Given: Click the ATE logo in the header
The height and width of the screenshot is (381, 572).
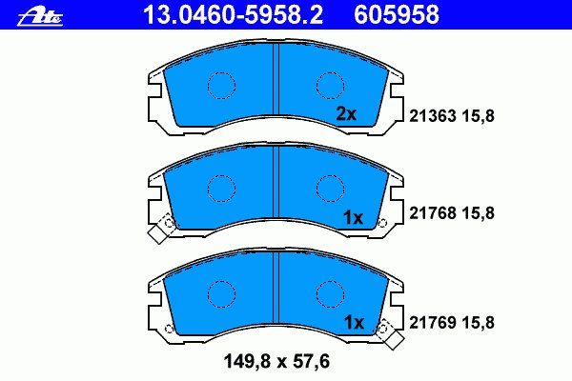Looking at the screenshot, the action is (40, 17).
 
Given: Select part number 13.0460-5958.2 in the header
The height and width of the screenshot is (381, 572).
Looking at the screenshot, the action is (234, 15).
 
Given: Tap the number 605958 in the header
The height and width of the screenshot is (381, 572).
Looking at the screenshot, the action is (397, 15).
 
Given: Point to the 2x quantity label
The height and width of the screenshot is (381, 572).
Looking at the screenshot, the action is (346, 114).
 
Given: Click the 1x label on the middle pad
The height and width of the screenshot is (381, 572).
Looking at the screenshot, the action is (353, 218).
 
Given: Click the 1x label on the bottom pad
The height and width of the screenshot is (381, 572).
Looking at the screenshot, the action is (355, 323).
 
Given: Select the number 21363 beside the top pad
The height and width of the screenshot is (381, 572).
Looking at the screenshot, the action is (432, 116).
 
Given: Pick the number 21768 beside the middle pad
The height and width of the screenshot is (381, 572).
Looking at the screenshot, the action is (432, 213).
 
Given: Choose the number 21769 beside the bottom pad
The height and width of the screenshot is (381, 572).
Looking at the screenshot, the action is (432, 323).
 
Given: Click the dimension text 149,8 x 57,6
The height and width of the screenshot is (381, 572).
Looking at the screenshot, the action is (276, 362).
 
